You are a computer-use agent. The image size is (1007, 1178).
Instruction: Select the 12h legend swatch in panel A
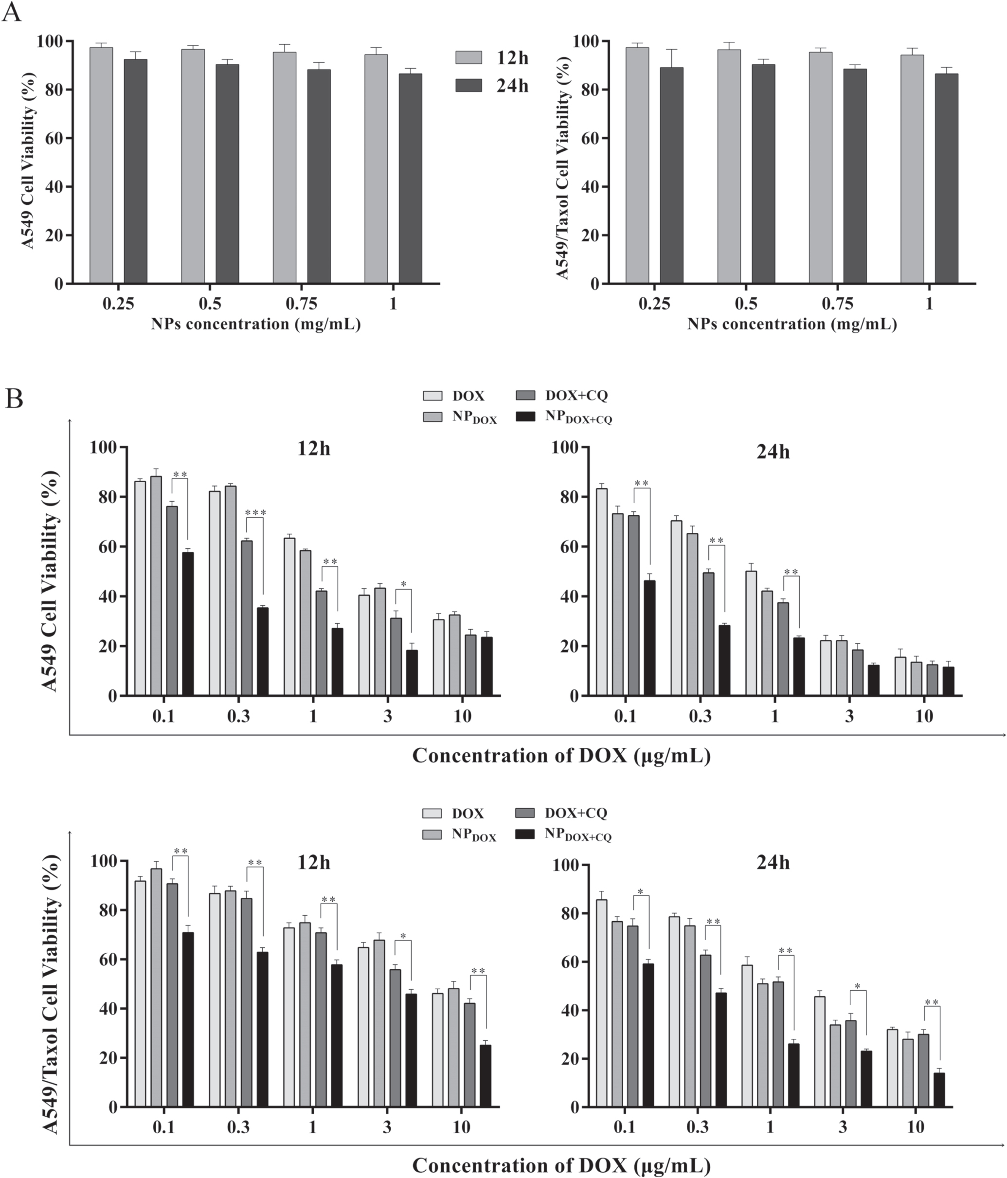pyautogui.click(x=468, y=57)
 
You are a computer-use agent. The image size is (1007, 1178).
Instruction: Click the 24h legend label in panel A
pyautogui.click(x=512, y=86)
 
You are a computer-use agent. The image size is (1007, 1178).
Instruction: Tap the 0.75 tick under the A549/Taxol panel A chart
pyautogui.click(x=837, y=304)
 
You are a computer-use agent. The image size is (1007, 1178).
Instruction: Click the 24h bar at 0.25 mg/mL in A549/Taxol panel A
pyautogui.click(x=671, y=175)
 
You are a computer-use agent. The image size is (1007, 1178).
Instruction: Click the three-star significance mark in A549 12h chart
pyautogui.click(x=255, y=513)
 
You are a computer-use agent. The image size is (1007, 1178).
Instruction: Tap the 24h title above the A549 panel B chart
pyautogui.click(x=773, y=452)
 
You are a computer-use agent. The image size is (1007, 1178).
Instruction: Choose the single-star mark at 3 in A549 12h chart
pyautogui.click(x=403, y=584)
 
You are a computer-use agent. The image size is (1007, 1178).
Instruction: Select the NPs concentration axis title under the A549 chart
pyautogui.click(x=255, y=324)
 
